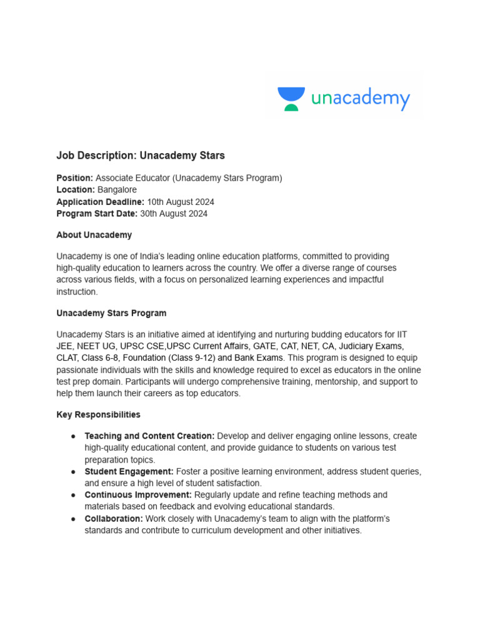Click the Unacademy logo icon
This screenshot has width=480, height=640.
[291, 99]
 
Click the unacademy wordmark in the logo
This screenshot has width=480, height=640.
[361, 99]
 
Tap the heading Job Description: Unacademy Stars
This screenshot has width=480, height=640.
[141, 155]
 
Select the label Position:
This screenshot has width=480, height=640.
[75, 178]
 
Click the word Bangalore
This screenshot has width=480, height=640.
[117, 190]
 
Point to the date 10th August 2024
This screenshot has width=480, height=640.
[181, 202]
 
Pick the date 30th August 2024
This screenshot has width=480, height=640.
[174, 214]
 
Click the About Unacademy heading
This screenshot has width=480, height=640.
[94, 235]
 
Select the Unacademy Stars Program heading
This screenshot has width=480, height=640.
[111, 313]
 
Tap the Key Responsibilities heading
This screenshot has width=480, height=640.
[98, 414]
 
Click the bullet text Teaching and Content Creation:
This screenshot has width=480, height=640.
[149, 436]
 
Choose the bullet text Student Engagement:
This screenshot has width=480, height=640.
[129, 471]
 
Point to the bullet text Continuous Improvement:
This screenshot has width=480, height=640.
[138, 495]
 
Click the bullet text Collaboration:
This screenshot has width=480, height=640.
[114, 519]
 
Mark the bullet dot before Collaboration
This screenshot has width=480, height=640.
[73, 519]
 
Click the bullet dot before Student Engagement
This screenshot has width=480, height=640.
[73, 471]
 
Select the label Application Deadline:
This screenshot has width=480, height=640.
[101, 202]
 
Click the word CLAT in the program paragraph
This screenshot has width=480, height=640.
[67, 358]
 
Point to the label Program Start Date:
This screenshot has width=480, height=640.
[97, 214]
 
